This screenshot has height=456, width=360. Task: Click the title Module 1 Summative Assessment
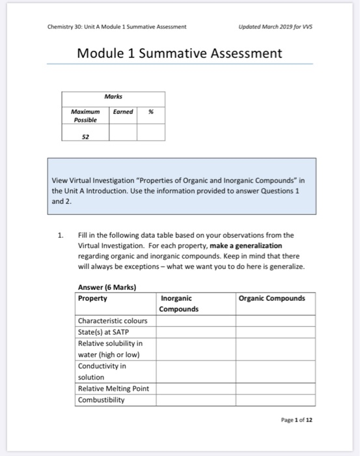[180, 53]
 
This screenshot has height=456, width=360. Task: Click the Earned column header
[122, 112]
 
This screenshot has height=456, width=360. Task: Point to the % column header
[150, 112]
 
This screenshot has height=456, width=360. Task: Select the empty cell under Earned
[122, 133]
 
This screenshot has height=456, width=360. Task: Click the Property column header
[93, 298]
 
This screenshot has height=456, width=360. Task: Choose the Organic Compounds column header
[271, 298]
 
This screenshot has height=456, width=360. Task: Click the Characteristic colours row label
[113, 321]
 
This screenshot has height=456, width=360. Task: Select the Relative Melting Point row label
[113, 388]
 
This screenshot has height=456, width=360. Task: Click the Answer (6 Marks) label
[107, 287]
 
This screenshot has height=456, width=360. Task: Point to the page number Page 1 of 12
[297, 420]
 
